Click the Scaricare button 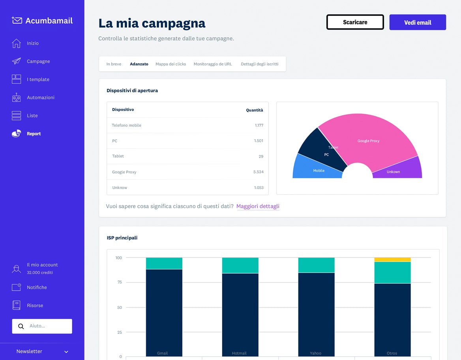[355, 22]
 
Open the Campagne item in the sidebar [38, 61]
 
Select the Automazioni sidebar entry [40, 97]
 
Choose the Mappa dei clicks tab [171, 64]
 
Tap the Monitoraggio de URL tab [213, 64]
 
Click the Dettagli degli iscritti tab [259, 64]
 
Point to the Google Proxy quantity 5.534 [258, 172]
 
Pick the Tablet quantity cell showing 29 [260, 156]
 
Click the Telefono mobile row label [126, 125]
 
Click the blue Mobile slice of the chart [314, 169]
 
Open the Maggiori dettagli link [258, 206]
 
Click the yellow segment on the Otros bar [392, 259]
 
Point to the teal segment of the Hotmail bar [240, 265]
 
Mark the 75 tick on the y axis [119, 282]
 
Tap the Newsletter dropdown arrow [66, 352]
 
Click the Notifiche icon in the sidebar [16, 287]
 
